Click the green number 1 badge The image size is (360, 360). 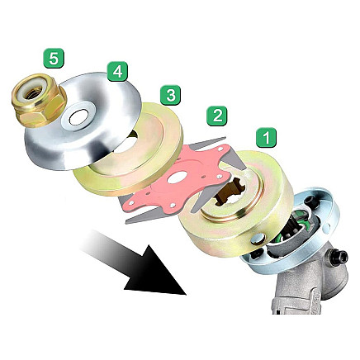[x=268, y=137]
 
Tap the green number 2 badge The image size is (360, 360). [x=217, y=116]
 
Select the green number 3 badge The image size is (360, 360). [x=169, y=96]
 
